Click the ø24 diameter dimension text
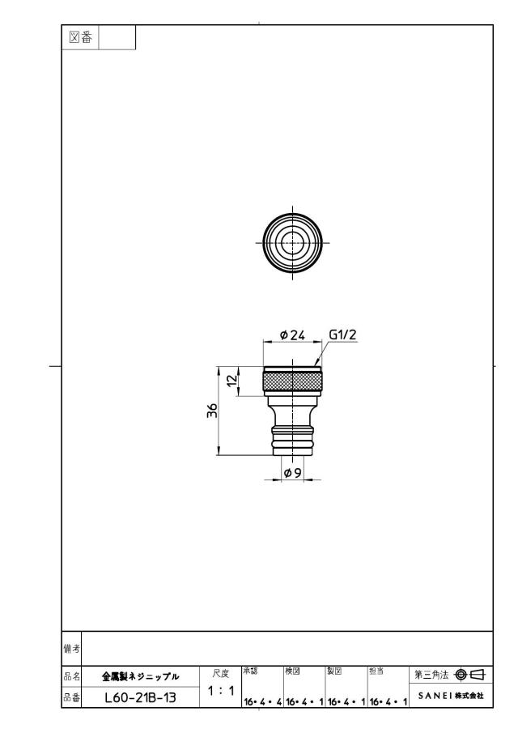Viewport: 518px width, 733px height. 292,335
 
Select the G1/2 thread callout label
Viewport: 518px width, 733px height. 343,335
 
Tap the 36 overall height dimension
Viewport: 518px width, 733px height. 213,411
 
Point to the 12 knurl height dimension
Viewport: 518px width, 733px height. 232,381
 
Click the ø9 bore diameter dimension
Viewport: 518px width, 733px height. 292,473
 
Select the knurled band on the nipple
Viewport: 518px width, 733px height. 292,381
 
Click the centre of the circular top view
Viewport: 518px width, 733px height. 292,242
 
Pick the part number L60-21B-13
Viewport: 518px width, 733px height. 141,697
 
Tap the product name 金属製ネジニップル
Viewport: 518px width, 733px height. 141,676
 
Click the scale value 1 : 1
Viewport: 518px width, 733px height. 221,690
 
